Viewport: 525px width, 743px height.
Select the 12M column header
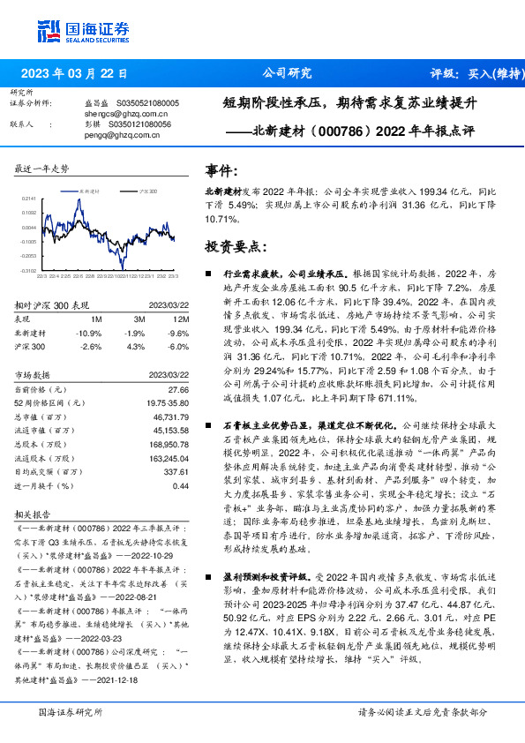[x=182, y=319]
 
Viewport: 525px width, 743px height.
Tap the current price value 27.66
[x=178, y=389]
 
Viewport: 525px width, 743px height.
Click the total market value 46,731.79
[x=168, y=416]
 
